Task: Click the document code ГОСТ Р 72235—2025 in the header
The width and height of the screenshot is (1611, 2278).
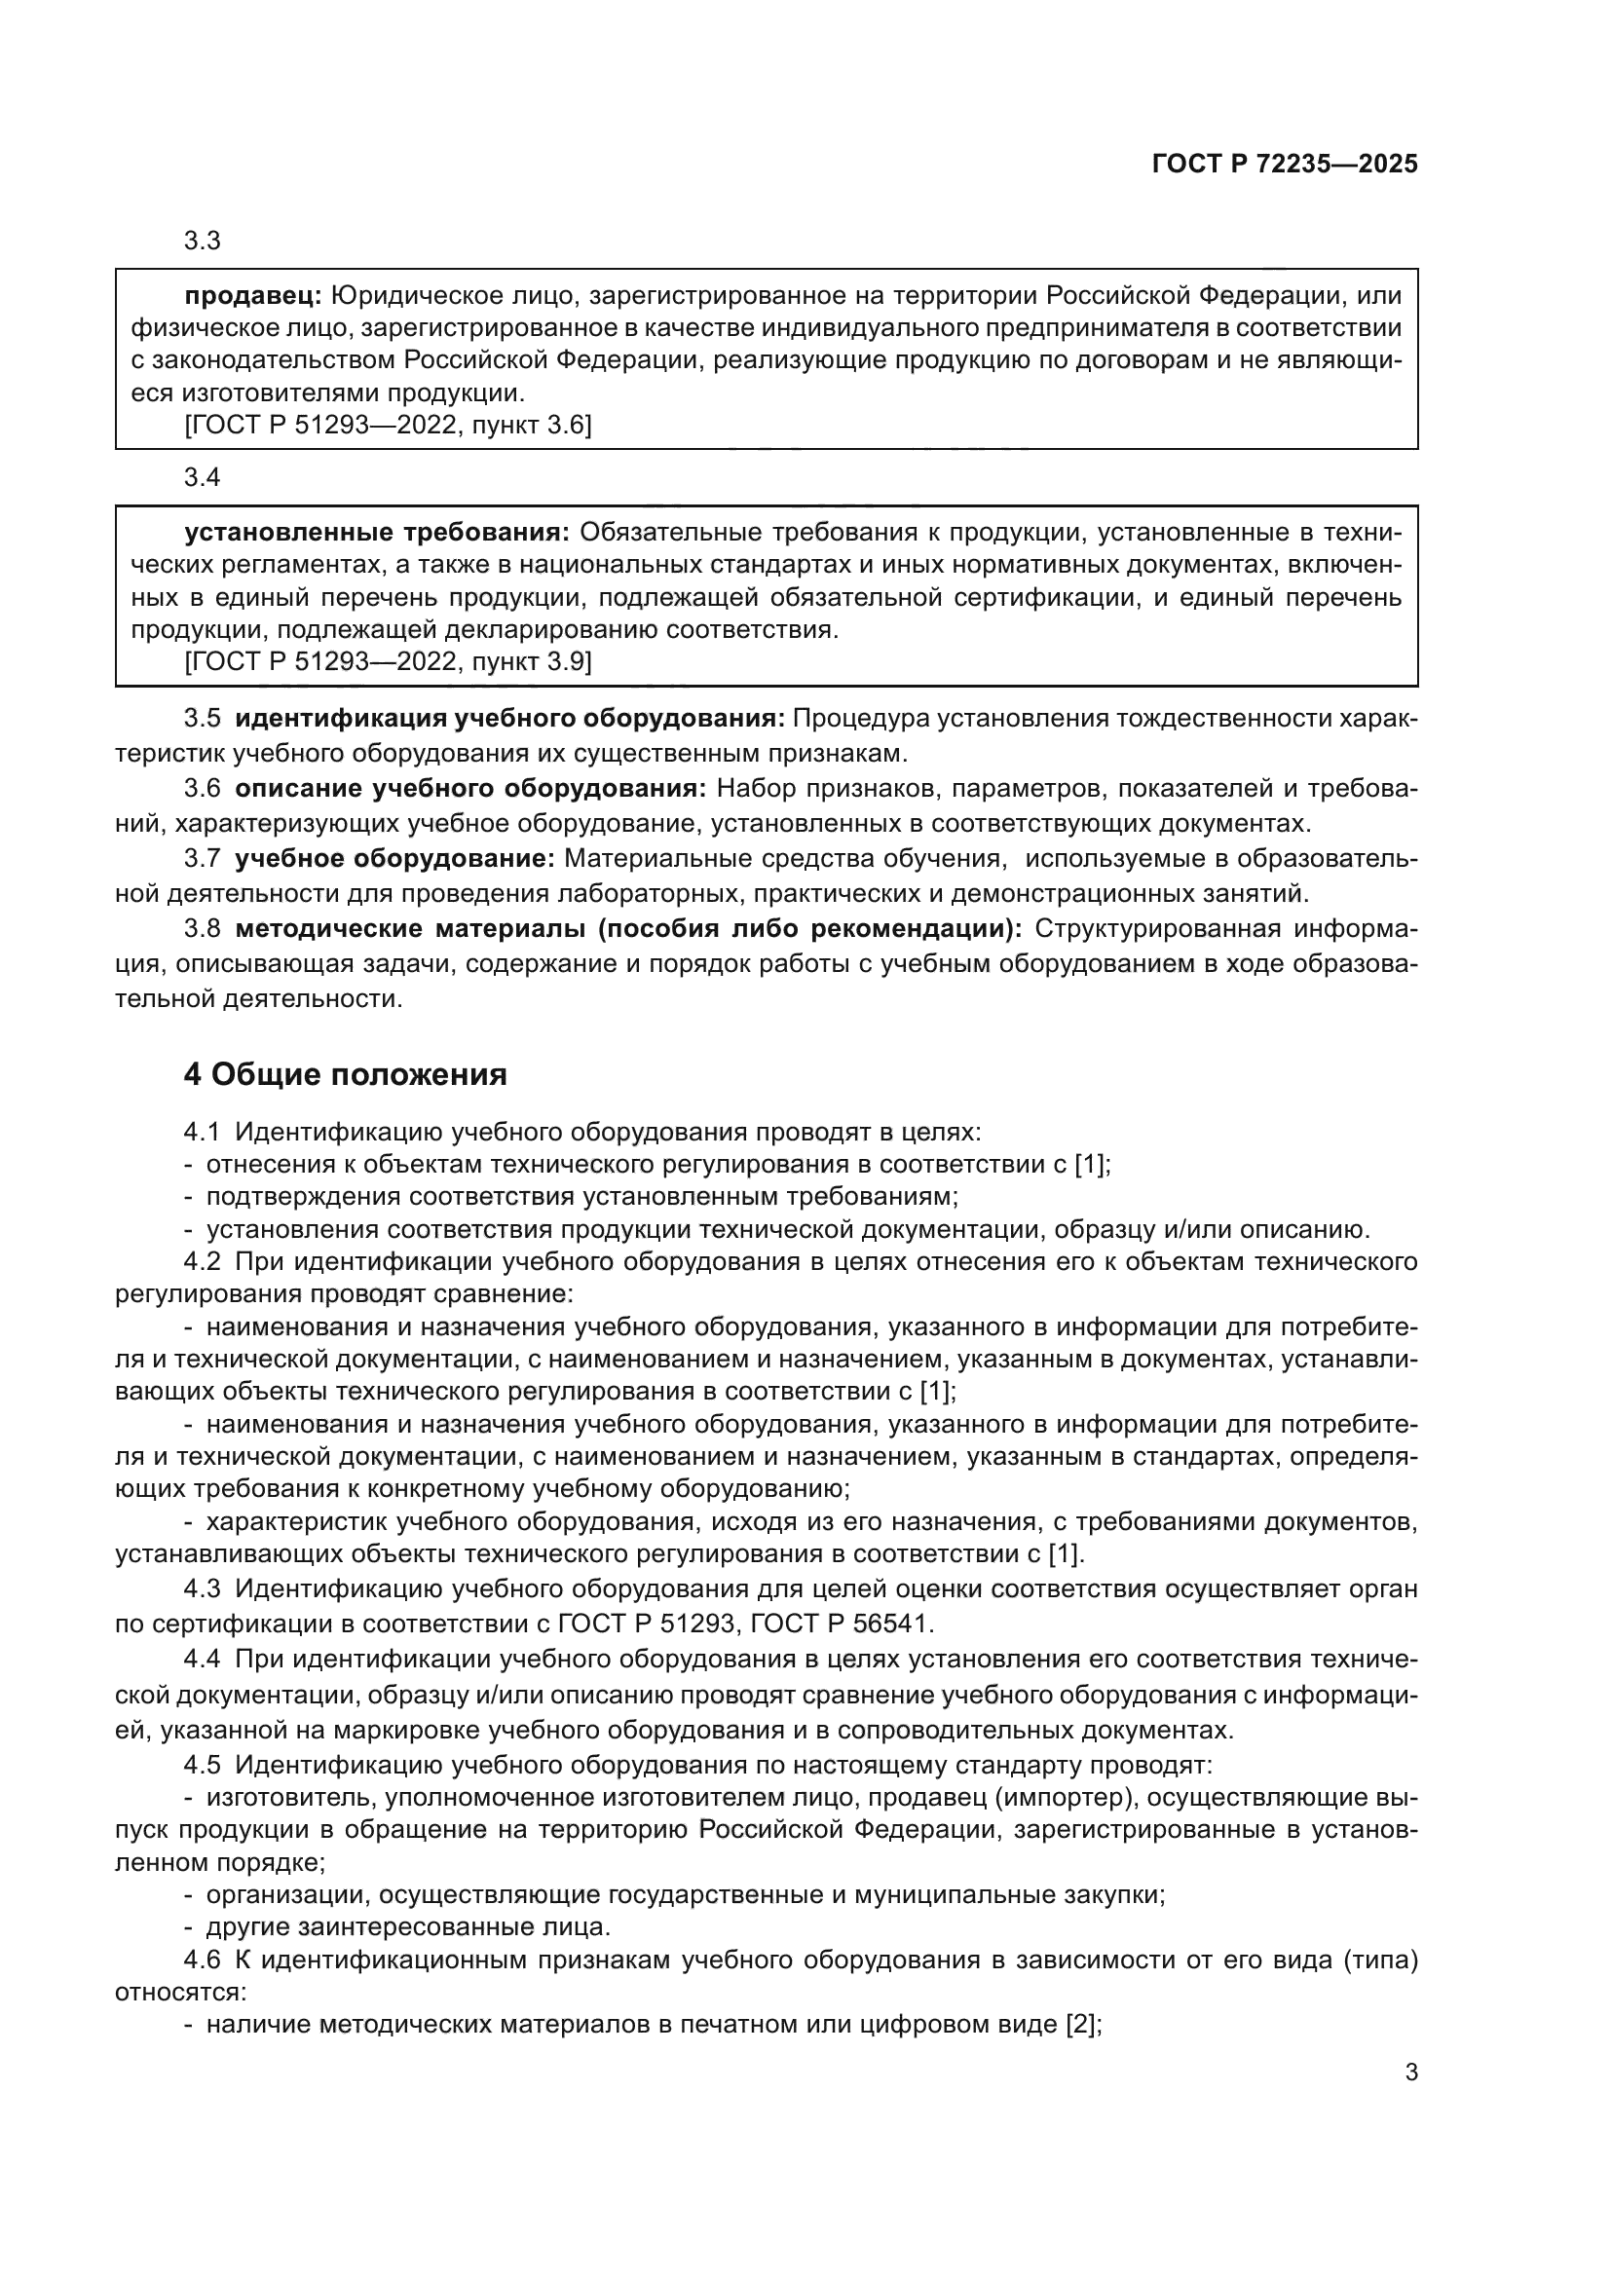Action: pyautogui.click(x=1285, y=165)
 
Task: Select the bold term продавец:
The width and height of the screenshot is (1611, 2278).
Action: pyautogui.click(x=253, y=296)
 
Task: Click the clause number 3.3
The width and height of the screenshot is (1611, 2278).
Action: pyautogui.click(x=203, y=242)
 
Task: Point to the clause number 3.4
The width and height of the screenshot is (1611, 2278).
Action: pyautogui.click(x=203, y=477)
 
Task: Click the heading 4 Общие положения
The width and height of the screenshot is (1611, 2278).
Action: pyautogui.click(x=345, y=1074)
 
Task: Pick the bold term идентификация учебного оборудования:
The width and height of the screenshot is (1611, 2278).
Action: pyautogui.click(x=509, y=719)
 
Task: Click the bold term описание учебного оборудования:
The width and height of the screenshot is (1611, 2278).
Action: pyautogui.click(x=470, y=789)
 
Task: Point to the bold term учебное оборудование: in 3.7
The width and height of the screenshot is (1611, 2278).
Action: pyautogui.click(x=394, y=858)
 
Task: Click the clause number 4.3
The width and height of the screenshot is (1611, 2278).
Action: pyautogui.click(x=203, y=1589)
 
